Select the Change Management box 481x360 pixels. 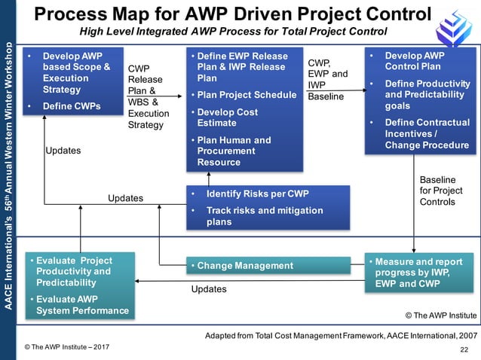[x=268, y=265]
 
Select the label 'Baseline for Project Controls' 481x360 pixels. [x=441, y=191]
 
